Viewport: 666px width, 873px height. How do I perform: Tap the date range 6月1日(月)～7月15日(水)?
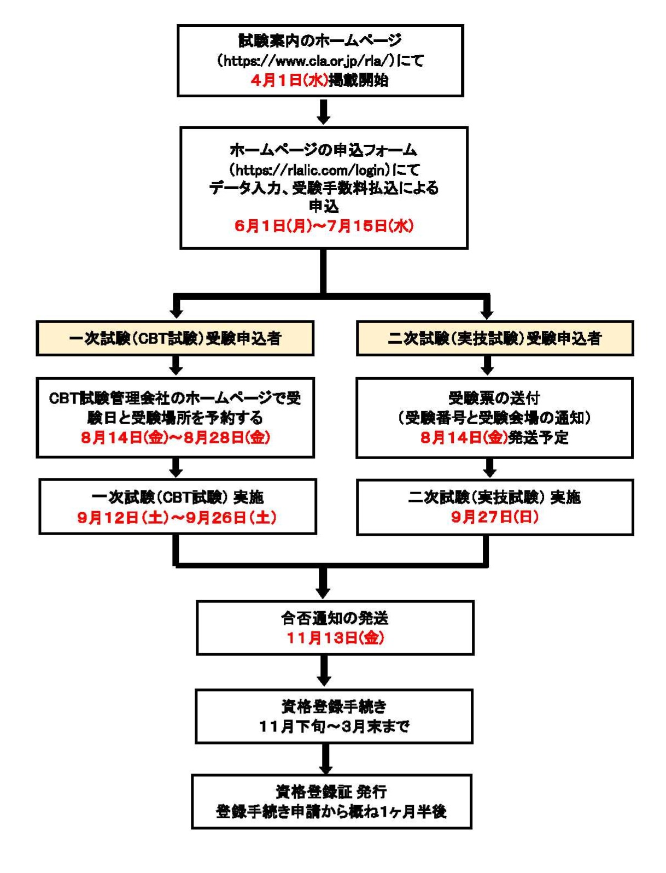pos(324,226)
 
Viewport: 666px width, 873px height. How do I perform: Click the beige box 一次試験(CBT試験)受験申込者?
pos(175,338)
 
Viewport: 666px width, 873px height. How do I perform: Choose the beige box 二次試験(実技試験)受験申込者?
pos(494,338)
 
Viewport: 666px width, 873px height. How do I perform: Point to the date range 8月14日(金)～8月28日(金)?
pos(176,437)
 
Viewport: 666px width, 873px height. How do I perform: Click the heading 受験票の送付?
pos(494,398)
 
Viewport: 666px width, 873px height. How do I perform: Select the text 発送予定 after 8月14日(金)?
pos(539,437)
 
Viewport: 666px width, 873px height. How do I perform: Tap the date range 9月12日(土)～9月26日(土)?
pos(177,517)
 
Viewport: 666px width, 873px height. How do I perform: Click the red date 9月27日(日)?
pos(494,517)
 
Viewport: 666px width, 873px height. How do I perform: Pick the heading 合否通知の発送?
pos(335,618)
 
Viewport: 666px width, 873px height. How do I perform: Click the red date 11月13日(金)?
pos(335,637)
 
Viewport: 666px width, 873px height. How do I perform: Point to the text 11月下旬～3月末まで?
pos(334,726)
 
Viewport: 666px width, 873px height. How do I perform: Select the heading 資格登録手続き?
pos(334,707)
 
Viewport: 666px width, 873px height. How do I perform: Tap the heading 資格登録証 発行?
pos(331,792)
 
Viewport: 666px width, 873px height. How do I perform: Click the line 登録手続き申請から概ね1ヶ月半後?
pos(331,811)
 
